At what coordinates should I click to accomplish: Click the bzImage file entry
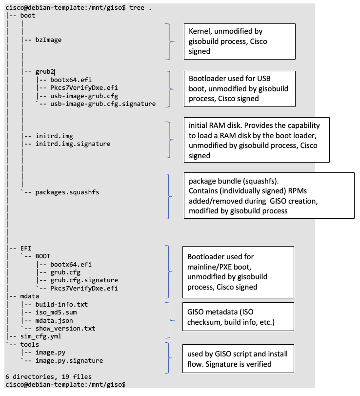pos(48,40)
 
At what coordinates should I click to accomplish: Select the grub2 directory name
pos(45,72)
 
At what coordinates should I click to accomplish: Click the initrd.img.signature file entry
pos(73,144)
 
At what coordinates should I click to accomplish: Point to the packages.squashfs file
pos(67,192)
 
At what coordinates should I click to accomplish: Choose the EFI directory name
pos(26,248)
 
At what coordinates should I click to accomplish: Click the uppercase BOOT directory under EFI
pos(42,256)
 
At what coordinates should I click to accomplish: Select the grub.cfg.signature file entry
pos(84,280)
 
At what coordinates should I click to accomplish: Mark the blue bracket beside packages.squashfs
pos(168,195)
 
